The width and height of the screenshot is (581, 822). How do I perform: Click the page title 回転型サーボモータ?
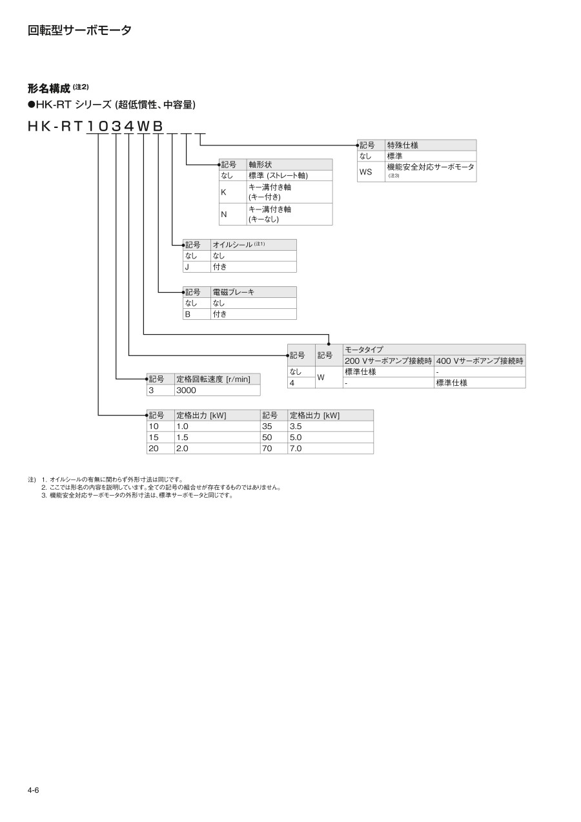[x=79, y=30]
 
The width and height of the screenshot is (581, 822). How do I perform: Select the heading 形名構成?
[x=48, y=89]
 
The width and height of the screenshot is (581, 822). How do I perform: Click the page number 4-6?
[x=34, y=790]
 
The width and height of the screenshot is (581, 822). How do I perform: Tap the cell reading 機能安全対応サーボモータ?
[x=430, y=167]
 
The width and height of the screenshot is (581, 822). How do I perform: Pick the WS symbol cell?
[x=365, y=172]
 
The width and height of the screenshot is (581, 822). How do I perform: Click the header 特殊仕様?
[x=402, y=145]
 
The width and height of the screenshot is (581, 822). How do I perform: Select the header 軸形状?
[x=260, y=165]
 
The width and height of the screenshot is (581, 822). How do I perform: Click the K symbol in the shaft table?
[x=223, y=192]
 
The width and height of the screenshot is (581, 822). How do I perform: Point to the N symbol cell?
[x=223, y=214]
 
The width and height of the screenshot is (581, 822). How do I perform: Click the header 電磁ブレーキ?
[x=233, y=292]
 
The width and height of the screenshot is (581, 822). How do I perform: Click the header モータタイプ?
[x=363, y=350]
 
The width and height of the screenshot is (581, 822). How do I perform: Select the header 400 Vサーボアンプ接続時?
[x=479, y=361]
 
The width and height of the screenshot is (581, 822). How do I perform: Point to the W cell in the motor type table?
[x=320, y=377]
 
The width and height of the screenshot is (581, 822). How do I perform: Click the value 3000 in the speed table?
[x=186, y=390]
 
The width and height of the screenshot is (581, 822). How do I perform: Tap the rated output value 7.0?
[x=296, y=448]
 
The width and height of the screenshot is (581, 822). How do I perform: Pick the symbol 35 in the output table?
[x=268, y=427]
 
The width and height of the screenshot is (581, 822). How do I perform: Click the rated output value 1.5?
[x=183, y=437]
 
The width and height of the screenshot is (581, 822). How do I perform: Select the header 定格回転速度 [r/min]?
[x=212, y=379]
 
